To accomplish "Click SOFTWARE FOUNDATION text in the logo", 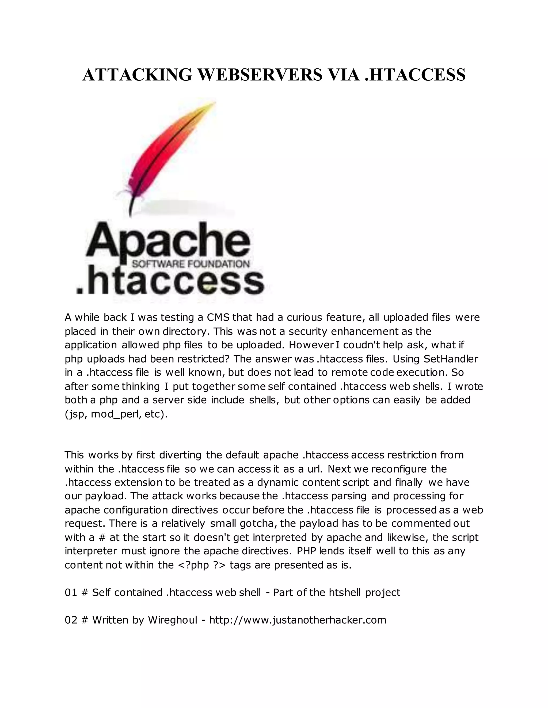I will tap(191, 264).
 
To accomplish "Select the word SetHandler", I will tap(451, 359).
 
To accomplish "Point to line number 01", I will tap(70, 593).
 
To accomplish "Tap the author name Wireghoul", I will tap(172, 620).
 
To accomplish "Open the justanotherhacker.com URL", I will tap(298, 620).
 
